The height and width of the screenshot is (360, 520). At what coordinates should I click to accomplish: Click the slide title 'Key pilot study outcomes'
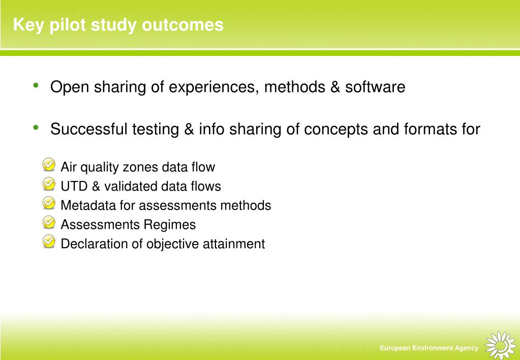[118, 25]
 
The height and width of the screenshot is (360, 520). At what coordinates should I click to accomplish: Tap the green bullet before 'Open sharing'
[36, 85]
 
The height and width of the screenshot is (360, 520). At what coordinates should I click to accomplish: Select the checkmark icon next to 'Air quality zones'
[49, 165]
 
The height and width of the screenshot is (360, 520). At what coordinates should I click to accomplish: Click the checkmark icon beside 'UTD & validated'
[49, 184]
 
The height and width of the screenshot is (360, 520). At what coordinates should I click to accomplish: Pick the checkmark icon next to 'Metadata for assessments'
[49, 203]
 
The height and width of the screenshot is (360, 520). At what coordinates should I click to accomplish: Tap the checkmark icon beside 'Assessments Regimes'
[49, 222]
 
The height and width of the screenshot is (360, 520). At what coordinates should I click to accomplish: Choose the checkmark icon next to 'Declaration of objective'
[49, 241]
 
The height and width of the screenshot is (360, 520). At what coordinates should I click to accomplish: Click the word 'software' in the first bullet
[375, 87]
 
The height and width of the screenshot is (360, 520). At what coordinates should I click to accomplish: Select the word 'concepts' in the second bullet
[337, 130]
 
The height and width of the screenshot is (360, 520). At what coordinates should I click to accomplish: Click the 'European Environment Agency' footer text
[429, 348]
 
